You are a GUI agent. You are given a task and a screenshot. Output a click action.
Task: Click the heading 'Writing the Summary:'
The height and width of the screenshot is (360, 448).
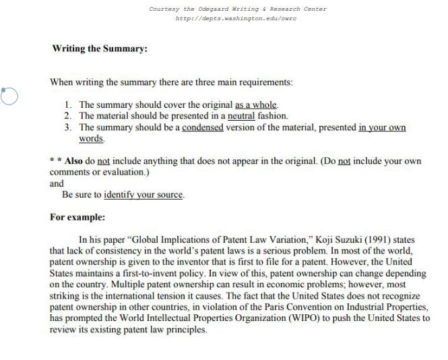pos(100,49)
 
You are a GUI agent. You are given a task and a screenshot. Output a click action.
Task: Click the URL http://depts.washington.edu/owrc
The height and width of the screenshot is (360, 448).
pos(236,19)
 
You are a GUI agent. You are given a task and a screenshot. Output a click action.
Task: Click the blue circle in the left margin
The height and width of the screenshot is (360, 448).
pos(9,96)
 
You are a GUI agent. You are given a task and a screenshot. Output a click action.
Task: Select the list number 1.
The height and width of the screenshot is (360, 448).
pos(68,104)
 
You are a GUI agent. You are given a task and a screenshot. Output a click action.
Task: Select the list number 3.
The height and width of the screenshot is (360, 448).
pos(68,127)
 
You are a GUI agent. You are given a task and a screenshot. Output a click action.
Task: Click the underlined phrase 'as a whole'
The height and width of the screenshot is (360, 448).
pos(256,104)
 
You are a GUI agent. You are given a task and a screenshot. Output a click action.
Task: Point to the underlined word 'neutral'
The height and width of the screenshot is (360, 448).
pos(242,116)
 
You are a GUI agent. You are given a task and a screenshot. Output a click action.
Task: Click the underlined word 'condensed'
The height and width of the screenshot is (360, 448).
pos(202,127)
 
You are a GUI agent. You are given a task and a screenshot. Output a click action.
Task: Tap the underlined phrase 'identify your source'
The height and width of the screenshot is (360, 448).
pos(143,195)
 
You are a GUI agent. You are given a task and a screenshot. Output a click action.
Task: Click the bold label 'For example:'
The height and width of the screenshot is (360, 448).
pos(77,218)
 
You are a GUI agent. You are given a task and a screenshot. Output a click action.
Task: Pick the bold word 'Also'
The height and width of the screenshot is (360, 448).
pos(73,161)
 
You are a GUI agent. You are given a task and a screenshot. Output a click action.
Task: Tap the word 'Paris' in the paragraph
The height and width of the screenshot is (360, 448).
pos(289,307)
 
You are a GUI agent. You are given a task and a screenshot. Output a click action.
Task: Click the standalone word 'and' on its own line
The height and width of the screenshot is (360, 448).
pos(57,183)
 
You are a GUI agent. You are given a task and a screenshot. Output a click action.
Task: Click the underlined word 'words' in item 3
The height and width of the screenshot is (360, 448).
pos(91,138)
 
